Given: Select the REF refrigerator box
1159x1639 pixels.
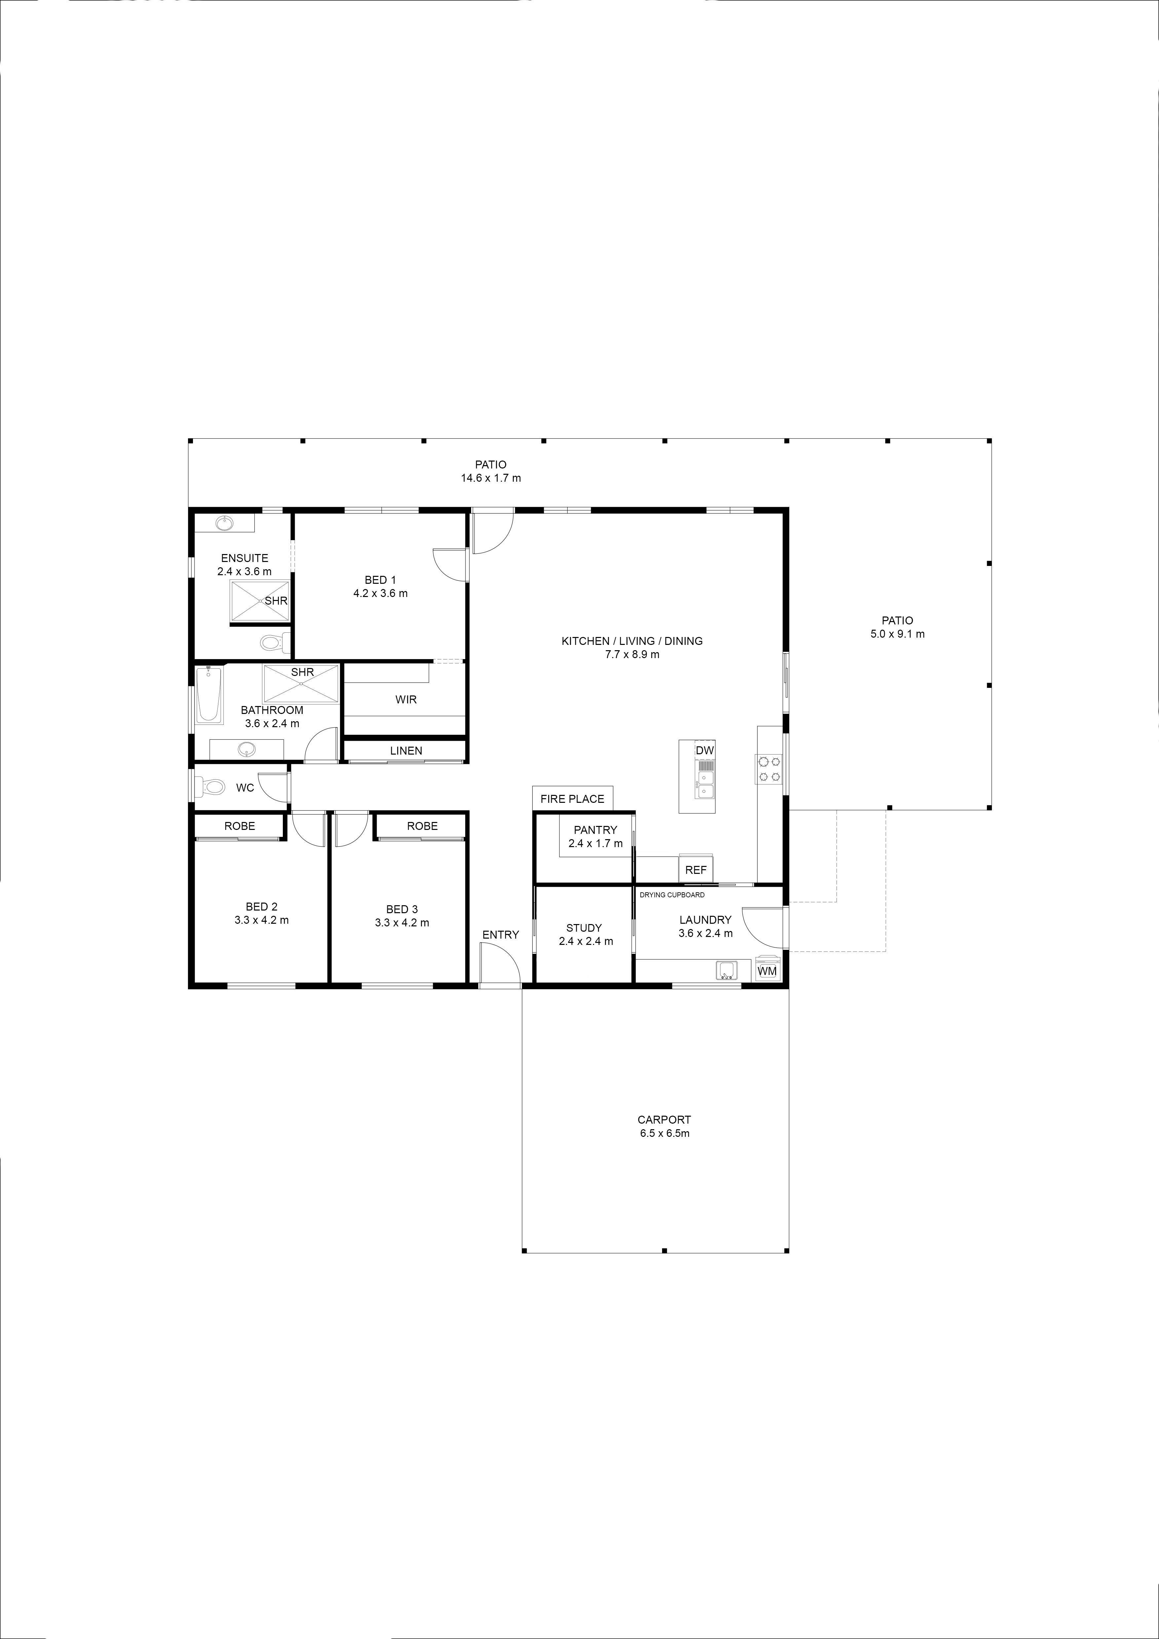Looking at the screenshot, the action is tap(696, 870).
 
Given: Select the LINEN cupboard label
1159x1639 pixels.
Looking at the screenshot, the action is tap(406, 751).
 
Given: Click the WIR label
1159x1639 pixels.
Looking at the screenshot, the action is tap(406, 700).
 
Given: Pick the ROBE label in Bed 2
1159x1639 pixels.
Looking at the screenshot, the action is tap(240, 826).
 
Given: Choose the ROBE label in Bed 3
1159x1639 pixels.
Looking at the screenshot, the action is tap(423, 826).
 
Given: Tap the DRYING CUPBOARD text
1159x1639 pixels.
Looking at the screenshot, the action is tap(672, 894).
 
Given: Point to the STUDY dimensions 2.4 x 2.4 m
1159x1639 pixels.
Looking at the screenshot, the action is tap(586, 941).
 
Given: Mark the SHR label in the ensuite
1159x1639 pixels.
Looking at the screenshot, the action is tap(276, 600).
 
